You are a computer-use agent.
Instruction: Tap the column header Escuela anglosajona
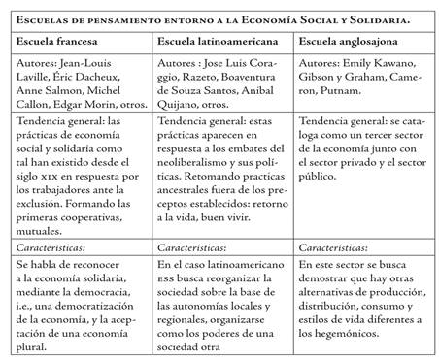coord(348,42)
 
